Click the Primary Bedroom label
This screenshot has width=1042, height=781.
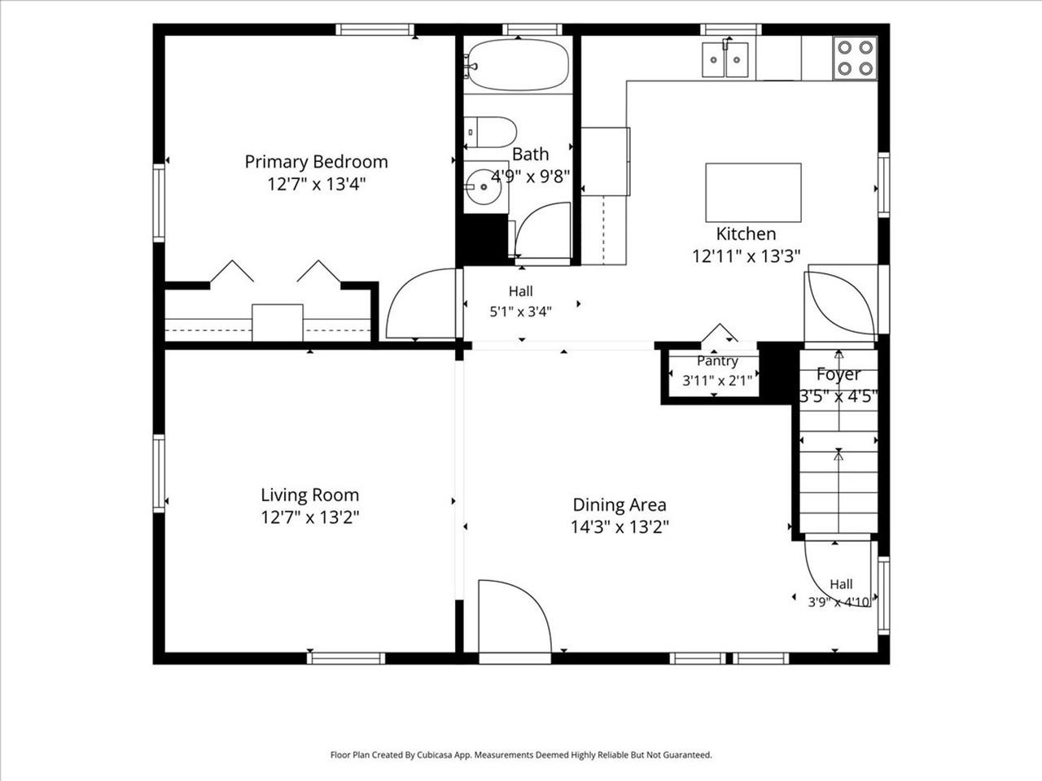pyautogui.click(x=316, y=162)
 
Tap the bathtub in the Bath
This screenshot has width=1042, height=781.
pyautogui.click(x=518, y=64)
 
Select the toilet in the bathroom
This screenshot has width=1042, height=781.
pyautogui.click(x=490, y=133)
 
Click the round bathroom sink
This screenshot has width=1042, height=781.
pyautogui.click(x=483, y=186)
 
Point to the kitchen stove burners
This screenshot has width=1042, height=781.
pyautogui.click(x=855, y=58)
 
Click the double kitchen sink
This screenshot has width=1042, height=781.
pyautogui.click(x=725, y=59)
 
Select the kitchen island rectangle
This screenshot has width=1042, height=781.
pyautogui.click(x=753, y=193)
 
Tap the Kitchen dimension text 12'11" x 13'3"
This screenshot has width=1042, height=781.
pyautogui.click(x=746, y=256)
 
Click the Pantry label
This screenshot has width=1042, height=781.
pyautogui.click(x=717, y=361)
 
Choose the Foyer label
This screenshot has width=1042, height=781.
pyautogui.click(x=838, y=374)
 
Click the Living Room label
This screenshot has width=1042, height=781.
pyautogui.click(x=309, y=495)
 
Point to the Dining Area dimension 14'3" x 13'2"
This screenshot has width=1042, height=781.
pyautogui.click(x=620, y=527)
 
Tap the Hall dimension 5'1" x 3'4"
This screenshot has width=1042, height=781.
pyautogui.click(x=520, y=312)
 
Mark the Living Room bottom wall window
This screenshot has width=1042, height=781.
pyautogui.click(x=346, y=659)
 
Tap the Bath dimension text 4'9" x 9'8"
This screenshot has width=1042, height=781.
pyautogui.click(x=530, y=177)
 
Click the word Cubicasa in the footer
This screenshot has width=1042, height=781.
pyautogui.click(x=436, y=755)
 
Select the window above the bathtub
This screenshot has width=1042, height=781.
pyautogui.click(x=532, y=29)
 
